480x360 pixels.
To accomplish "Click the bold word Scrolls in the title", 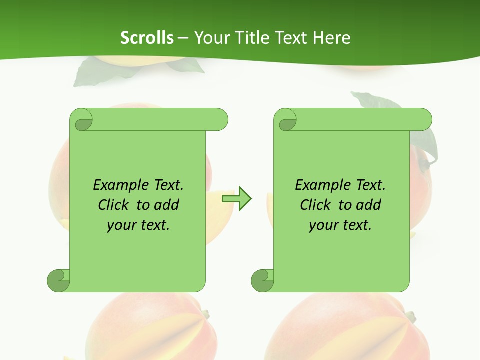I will coord(147,38).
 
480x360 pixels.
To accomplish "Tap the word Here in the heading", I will coord(331,38).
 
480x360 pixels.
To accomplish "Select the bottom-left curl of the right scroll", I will coord(262,280).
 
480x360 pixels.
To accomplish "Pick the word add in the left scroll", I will coord(167,205).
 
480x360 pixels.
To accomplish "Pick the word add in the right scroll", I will coord(369,205).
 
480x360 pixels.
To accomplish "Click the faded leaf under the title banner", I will coord(100,72).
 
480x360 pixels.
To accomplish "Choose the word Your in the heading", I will coord(210,38).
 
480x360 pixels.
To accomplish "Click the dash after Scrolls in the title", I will coord(183,38).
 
